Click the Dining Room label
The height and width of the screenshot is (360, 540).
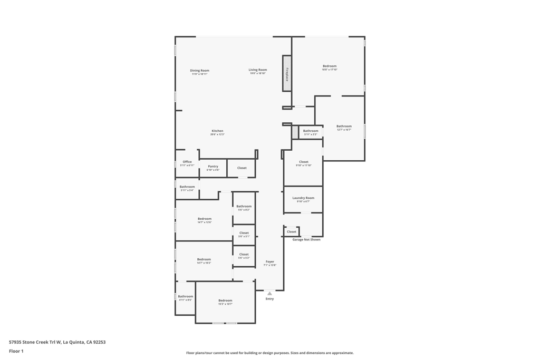click(x=199, y=71)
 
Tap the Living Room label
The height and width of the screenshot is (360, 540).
click(x=258, y=70)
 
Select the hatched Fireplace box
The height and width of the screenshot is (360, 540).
click(x=287, y=73)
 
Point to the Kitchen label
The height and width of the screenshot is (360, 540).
click(x=217, y=131)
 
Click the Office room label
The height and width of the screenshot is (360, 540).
click(x=187, y=162)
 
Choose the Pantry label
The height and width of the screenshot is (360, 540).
click(x=213, y=167)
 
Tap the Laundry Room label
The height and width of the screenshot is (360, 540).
click(x=303, y=198)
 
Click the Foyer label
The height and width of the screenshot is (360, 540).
click(x=269, y=262)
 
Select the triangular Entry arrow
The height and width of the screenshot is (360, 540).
click(x=269, y=293)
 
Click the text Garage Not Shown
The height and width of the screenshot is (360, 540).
click(x=306, y=239)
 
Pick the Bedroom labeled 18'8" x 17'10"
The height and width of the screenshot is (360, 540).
click(x=330, y=66)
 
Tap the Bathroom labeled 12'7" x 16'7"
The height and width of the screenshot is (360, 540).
click(x=344, y=127)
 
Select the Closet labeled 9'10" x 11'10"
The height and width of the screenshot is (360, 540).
click(x=304, y=162)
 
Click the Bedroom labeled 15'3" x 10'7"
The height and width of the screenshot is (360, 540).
click(x=225, y=301)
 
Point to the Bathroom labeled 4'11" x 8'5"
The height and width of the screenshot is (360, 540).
click(x=185, y=297)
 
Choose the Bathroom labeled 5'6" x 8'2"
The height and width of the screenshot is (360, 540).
click(x=244, y=207)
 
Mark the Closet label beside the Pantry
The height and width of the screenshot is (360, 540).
click(x=242, y=168)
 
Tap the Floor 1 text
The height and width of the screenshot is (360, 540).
click(x=16, y=351)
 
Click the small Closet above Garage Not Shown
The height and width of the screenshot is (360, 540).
click(x=292, y=231)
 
